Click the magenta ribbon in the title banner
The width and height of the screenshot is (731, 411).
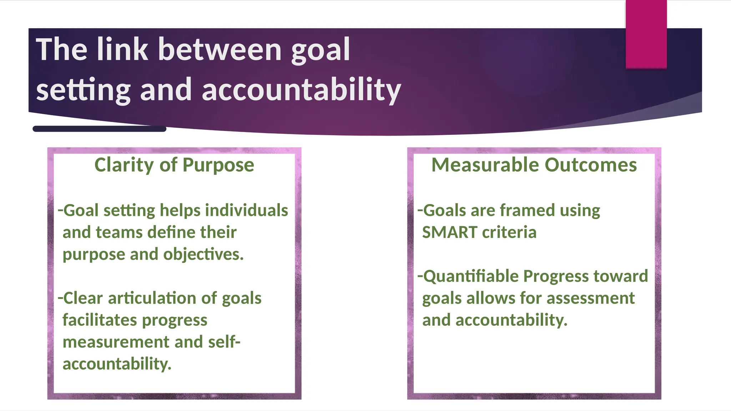[646, 34]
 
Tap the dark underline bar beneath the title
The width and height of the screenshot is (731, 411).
[99, 129]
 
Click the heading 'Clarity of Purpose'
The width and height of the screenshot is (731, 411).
[174, 165]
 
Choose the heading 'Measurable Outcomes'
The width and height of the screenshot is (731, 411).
[534, 165]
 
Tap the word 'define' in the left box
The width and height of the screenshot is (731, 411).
[173, 232]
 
